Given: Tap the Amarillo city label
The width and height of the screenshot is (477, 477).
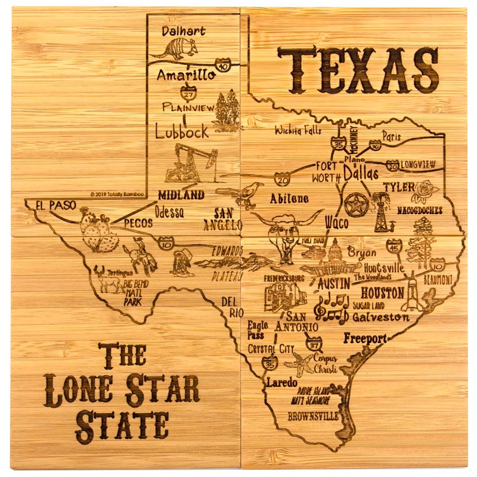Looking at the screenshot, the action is tap(186, 75).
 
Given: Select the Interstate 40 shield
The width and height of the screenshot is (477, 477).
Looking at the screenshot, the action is tap(222, 64).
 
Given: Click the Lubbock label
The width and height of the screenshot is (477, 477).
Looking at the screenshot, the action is tap(182, 131).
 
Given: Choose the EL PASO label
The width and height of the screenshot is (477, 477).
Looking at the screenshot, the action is tap(55, 205).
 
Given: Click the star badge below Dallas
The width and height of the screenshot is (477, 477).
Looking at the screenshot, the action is tap(356, 204).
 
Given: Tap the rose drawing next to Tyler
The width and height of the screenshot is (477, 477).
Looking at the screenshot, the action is tap(425, 191).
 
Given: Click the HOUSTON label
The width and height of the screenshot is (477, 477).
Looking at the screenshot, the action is tap(382, 293).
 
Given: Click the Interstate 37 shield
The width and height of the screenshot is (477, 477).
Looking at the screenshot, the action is tap(314, 343).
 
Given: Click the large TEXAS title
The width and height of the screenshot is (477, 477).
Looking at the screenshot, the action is tap(358, 70).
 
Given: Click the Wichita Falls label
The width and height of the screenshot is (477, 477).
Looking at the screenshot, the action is tap(298, 130).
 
